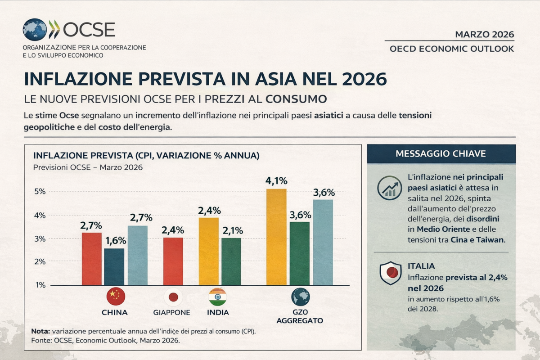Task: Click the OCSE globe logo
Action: pos(35,30)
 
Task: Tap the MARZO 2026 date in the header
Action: pos(484,35)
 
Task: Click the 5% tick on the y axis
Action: pos(40,191)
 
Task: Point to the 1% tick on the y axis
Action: pos(40,285)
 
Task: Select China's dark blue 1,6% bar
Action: pos(114,266)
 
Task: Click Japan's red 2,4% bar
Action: pos(173,261)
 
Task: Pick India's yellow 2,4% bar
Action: pos(208,251)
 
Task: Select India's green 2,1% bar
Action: pos(231,261)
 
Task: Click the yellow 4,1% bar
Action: pos(276,237)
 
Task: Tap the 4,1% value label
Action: pos(276,181)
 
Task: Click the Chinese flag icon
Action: pos(115,297)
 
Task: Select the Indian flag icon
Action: pos(217,297)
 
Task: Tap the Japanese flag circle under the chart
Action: pos(173,297)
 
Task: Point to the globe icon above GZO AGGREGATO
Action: pos(300,297)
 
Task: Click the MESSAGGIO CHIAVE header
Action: pos(441,154)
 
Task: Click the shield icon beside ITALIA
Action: pos(390,273)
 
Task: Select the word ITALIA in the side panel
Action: pos(421,266)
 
